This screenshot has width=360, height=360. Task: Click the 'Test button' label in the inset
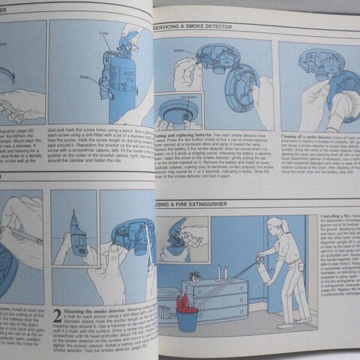(189, 99)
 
